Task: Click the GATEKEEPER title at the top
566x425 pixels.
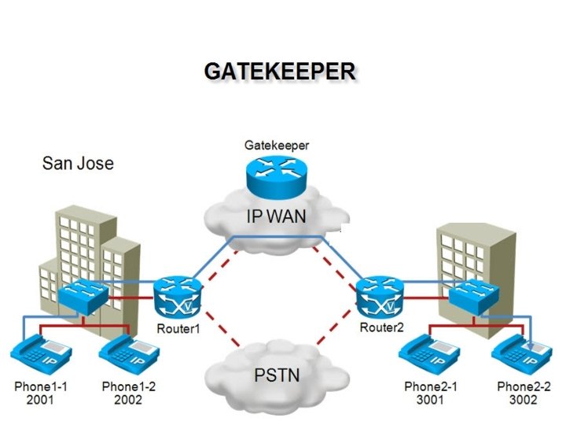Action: pyautogui.click(x=280, y=71)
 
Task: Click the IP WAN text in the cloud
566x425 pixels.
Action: pyautogui.click(x=277, y=215)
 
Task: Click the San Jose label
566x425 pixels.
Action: pyautogui.click(x=78, y=164)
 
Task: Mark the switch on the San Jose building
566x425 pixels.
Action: pyautogui.click(x=83, y=295)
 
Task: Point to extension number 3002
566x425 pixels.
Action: pyautogui.click(x=523, y=401)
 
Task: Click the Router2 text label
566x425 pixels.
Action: pyautogui.click(x=380, y=327)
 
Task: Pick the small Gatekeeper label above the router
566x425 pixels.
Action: pyautogui.click(x=276, y=146)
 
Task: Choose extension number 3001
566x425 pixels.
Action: pyautogui.click(x=430, y=401)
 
